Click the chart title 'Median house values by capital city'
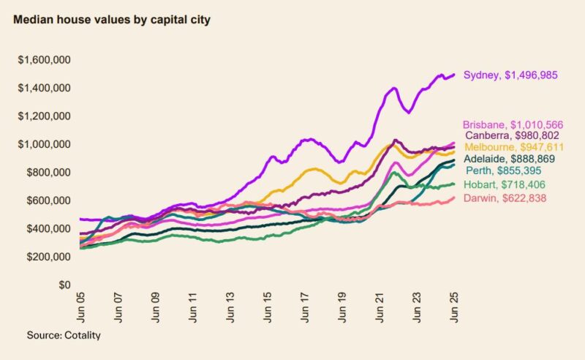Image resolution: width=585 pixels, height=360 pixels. pos(112,20)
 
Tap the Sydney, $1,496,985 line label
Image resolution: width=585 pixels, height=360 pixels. pos(516,75)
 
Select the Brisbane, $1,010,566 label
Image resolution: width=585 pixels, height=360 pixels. pos(513,125)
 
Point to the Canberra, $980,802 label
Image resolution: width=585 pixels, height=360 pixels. pos(516,136)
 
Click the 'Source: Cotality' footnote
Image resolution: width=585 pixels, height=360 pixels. pos(64,335)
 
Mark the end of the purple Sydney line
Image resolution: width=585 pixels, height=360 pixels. pos(455,75)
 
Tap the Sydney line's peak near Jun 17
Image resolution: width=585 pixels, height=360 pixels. pos(308,139)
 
